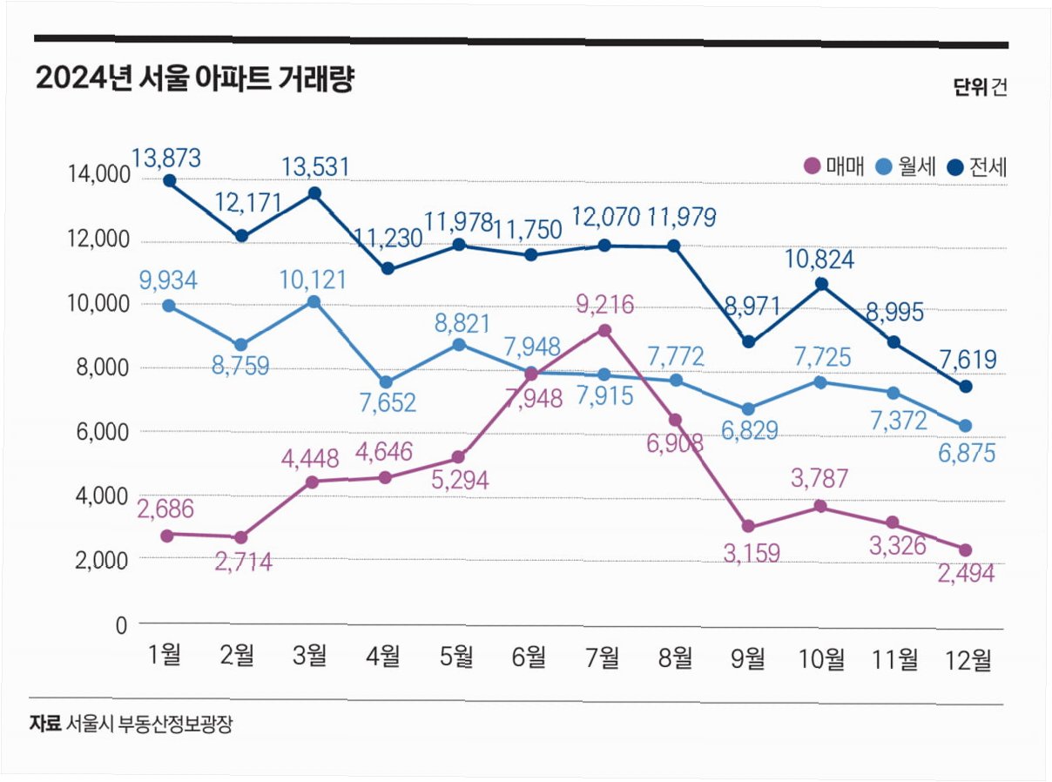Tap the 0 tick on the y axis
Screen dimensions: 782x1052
(x=121, y=624)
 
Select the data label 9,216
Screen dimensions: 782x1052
(x=604, y=305)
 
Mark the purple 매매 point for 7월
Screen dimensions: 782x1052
(x=604, y=331)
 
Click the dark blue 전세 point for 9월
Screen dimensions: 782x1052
(x=749, y=341)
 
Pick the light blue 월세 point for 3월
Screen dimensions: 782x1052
(x=314, y=302)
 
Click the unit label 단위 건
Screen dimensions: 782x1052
(x=980, y=87)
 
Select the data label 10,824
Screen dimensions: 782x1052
(x=820, y=260)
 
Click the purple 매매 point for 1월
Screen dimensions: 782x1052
(x=168, y=535)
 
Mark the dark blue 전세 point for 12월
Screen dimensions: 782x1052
(x=966, y=386)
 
